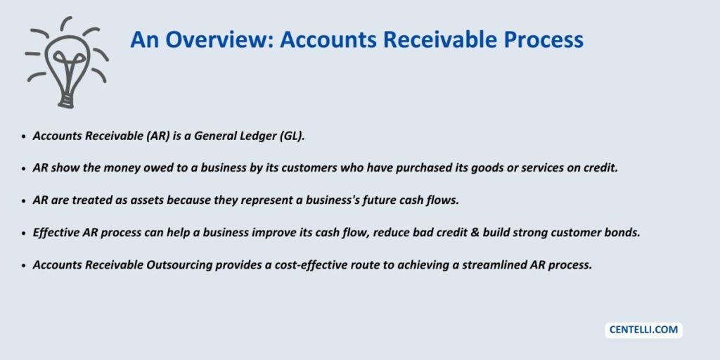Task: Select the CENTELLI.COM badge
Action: [643, 330]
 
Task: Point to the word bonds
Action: [624, 233]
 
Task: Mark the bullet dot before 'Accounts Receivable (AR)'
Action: [25, 137]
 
